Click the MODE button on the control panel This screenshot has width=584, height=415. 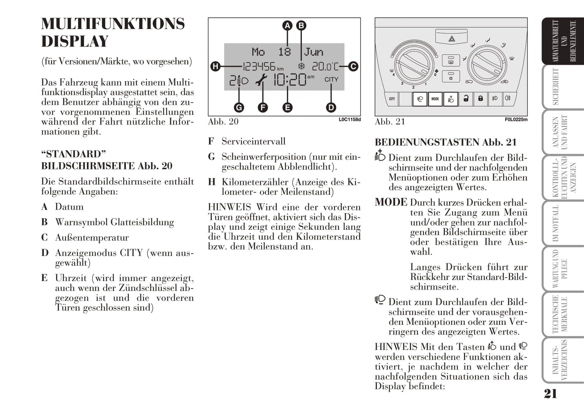pos(435,99)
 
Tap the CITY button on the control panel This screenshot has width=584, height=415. pos(392,99)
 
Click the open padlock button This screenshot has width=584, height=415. pos(466,99)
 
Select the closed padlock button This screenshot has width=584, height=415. pos(480,99)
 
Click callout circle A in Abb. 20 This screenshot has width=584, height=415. pos(287,25)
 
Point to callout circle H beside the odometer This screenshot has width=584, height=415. pos(215,67)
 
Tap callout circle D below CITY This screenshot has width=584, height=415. pos(331,108)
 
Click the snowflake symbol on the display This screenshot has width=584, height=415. pos(301,66)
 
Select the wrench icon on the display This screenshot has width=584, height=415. pos(261,80)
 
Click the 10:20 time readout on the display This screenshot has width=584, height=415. pos(290,80)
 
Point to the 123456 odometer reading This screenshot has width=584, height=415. pos(259,67)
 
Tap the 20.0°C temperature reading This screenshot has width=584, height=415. pos(325,67)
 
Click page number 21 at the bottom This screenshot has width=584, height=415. pos(550,394)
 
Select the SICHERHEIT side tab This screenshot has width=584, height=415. pos(563,87)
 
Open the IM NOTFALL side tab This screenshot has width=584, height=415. pos(563,223)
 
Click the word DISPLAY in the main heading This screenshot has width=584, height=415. pos(75,41)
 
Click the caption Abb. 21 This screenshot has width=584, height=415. pos(390,122)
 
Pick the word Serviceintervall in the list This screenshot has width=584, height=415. pos(253,141)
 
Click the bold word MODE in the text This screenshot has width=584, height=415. pos(391,202)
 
